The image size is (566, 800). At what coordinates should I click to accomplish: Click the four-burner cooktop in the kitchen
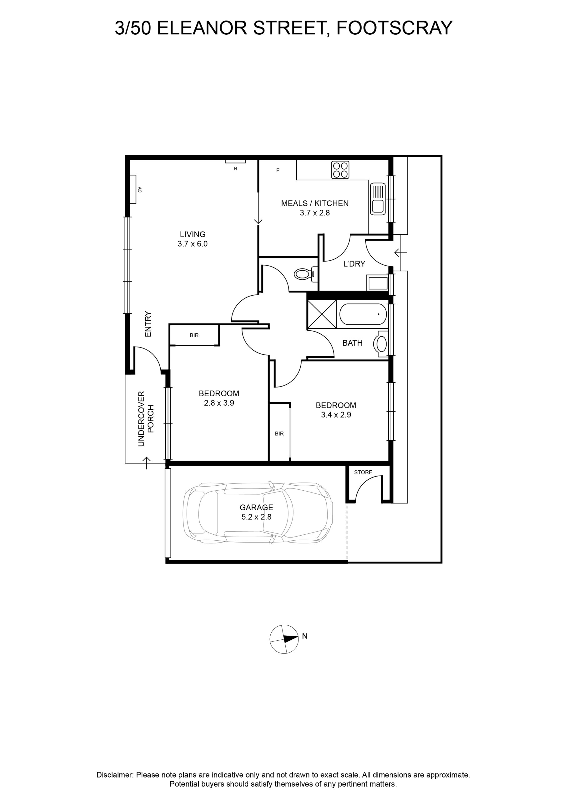[340, 170]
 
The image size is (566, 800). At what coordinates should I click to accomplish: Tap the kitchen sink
[378, 199]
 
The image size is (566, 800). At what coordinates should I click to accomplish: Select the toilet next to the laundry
[306, 274]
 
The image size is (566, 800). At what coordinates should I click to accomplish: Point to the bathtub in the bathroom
[363, 314]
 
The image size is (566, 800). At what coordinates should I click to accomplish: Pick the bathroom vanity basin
[381, 344]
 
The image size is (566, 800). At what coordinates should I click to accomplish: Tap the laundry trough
[377, 282]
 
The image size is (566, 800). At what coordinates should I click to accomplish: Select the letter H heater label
[235, 169]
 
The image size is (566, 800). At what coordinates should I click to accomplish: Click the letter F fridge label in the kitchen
[278, 170]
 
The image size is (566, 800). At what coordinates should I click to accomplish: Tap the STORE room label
[363, 472]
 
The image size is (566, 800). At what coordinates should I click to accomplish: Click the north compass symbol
[284, 639]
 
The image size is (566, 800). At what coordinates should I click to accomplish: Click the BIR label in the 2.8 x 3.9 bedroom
[194, 335]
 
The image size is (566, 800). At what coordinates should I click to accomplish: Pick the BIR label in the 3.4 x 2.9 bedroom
[279, 433]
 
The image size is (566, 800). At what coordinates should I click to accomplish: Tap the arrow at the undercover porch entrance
[147, 463]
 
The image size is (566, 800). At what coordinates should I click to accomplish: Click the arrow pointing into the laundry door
[400, 252]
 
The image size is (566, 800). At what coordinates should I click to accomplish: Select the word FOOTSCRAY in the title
[394, 28]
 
